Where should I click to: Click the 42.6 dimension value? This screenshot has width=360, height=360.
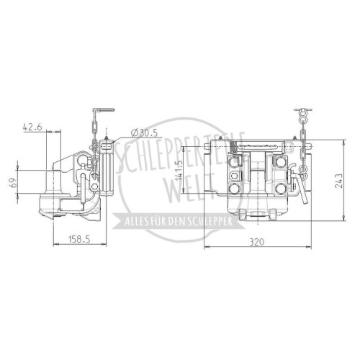(x=32, y=127)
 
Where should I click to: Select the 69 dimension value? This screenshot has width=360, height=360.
(x=14, y=183)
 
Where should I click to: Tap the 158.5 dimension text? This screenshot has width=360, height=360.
(x=79, y=239)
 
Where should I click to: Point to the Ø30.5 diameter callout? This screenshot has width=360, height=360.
(x=145, y=132)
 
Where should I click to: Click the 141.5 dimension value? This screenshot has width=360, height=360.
(x=179, y=171)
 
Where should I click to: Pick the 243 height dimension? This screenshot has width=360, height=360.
(x=338, y=181)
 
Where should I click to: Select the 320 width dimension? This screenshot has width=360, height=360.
(x=257, y=242)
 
